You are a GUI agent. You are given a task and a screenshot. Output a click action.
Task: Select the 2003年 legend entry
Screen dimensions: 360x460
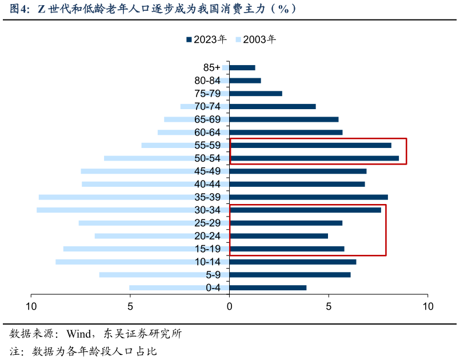[255, 39]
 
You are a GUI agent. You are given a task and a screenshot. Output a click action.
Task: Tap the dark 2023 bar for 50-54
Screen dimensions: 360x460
[314, 158]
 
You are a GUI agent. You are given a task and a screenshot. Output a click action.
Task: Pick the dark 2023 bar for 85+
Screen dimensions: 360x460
[242, 67]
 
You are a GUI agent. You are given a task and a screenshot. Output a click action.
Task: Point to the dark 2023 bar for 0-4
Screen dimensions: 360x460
[267, 287]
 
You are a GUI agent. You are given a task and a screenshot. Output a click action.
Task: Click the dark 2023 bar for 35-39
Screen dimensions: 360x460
[309, 197]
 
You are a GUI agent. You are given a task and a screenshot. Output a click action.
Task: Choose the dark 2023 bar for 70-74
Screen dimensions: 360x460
[273, 106]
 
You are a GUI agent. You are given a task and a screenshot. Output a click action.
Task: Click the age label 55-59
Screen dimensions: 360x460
[207, 146]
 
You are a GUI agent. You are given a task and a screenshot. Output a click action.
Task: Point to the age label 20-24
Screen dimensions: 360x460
[207, 236]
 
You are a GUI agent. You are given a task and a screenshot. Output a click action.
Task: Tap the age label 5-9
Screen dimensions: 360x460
[213, 275]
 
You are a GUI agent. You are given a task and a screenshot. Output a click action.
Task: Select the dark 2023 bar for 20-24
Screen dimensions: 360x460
[278, 236]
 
